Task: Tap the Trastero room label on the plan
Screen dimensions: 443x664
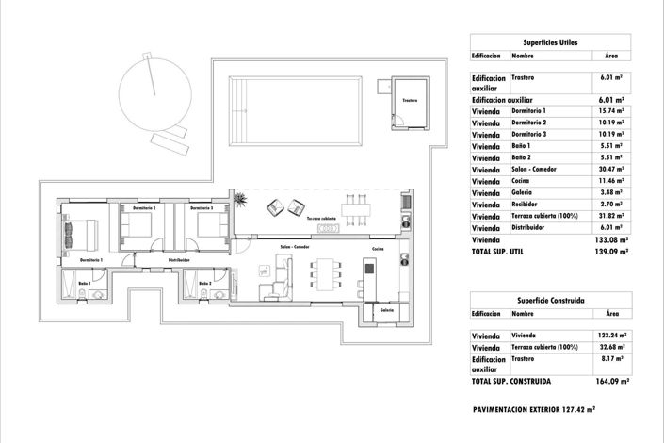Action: pyautogui.click(x=409, y=100)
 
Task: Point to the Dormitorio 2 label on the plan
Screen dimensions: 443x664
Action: pyautogui.click(x=144, y=207)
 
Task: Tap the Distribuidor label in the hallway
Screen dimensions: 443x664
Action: pyautogui.click(x=179, y=259)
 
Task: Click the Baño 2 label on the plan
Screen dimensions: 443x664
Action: pyautogui.click(x=205, y=283)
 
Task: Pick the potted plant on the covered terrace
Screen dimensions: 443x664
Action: pyautogui.click(x=242, y=200)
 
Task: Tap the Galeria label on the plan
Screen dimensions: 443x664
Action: pyautogui.click(x=386, y=309)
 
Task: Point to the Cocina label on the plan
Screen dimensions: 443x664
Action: pyautogui.click(x=378, y=248)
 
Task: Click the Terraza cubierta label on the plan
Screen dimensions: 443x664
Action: pyautogui.click(x=321, y=218)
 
